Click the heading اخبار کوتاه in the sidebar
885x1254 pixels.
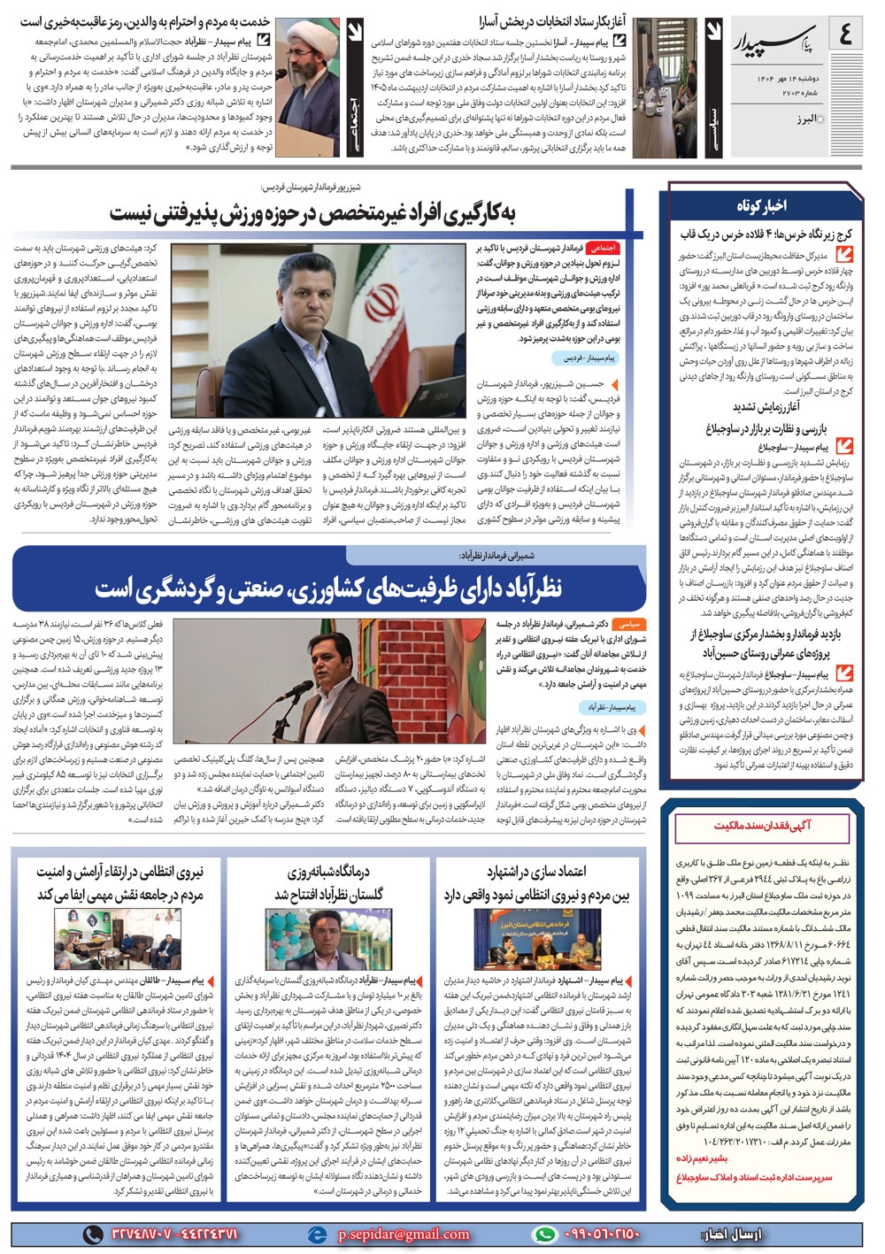760,205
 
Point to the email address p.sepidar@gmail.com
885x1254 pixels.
404,1234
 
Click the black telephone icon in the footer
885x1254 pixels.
92,1234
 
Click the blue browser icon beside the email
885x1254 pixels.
316,1234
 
